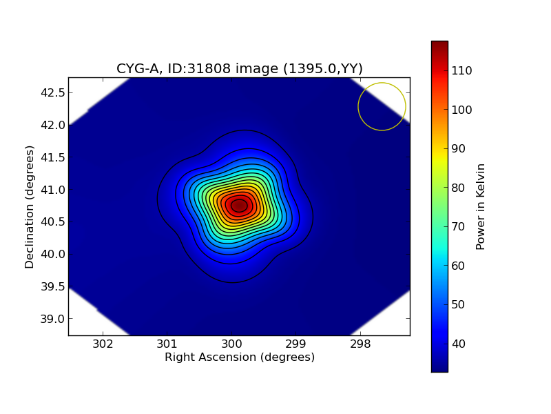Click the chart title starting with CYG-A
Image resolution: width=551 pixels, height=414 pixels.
(x=239, y=68)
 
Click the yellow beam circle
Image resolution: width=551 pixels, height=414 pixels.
(x=382, y=106)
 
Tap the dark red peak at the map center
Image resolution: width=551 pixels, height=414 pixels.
(x=239, y=206)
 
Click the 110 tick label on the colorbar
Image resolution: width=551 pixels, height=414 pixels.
(x=461, y=70)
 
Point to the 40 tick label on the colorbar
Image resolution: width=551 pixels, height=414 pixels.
(x=459, y=344)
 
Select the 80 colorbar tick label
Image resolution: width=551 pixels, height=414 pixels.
(x=459, y=188)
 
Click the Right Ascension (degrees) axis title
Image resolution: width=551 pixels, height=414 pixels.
(x=239, y=357)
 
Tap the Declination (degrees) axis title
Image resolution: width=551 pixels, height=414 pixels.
(x=30, y=206)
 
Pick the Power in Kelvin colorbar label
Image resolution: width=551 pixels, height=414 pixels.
(x=481, y=206)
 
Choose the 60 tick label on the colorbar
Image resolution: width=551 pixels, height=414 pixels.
(x=459, y=266)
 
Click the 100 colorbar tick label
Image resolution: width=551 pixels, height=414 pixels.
(x=461, y=110)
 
